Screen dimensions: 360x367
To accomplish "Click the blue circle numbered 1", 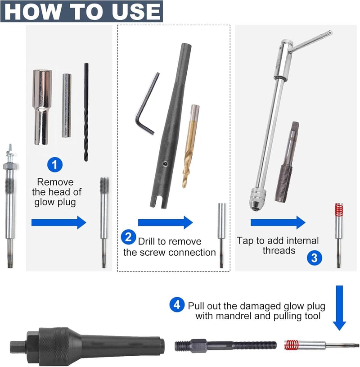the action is click(55, 164).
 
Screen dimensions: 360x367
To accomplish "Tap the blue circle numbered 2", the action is click(128, 237).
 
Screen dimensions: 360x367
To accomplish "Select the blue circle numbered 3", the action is click(315, 258).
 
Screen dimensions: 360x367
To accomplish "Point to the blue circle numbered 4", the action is click(177, 304).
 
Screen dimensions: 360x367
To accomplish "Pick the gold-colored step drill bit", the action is click(190, 146).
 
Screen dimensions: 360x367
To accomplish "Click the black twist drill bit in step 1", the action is click(86, 112).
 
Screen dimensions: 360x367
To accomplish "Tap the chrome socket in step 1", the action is click(42, 107).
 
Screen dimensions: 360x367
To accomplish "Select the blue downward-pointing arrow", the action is click(339, 308).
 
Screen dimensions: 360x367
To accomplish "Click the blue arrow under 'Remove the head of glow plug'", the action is click(58, 222).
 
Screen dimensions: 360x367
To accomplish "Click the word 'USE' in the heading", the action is click(136, 11).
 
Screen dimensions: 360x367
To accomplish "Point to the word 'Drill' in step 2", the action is click(147, 241).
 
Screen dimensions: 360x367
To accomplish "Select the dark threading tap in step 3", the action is click(287, 162).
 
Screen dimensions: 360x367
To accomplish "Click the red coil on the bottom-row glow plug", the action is click(292, 345).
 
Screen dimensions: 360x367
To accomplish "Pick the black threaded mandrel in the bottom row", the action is click(226, 345).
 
